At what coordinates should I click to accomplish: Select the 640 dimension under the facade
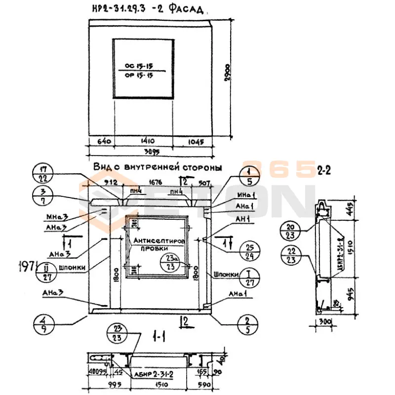tap(99, 141)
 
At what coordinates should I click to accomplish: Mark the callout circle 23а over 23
tap(170, 263)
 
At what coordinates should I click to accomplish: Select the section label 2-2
tap(324, 172)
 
